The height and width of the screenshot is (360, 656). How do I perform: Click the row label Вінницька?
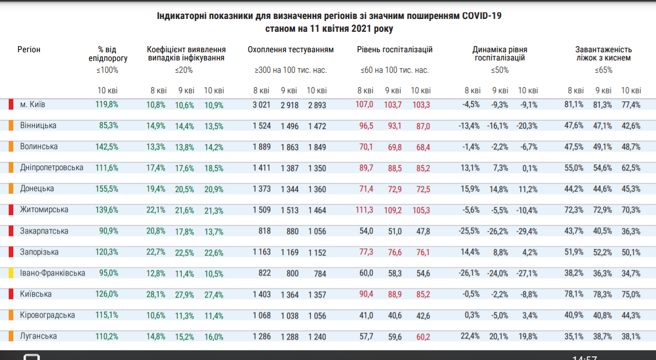click(x=38, y=125)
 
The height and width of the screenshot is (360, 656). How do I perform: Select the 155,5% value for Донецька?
click(x=107, y=189)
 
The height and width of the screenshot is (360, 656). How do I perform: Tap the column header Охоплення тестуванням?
click(x=290, y=50)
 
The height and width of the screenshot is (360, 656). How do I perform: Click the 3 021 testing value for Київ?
click(x=262, y=104)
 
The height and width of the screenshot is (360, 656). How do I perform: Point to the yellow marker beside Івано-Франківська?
click(x=11, y=273)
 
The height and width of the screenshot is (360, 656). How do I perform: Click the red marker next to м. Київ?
click(x=11, y=104)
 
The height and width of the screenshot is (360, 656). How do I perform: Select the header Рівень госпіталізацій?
click(x=394, y=50)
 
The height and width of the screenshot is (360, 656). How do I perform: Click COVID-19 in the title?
click(x=481, y=16)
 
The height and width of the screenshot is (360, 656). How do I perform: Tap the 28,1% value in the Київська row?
click(x=156, y=294)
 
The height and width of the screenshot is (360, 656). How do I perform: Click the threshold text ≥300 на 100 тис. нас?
click(x=290, y=70)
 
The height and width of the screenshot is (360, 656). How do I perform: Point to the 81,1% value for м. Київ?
click(x=574, y=104)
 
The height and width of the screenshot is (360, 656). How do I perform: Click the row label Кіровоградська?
click(x=47, y=315)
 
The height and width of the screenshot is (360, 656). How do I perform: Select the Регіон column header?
click(x=29, y=50)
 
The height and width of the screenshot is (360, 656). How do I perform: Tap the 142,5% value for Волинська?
click(x=107, y=147)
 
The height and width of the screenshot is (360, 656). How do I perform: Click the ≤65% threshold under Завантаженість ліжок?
click(x=603, y=70)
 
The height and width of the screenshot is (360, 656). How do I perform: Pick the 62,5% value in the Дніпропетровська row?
click(x=630, y=168)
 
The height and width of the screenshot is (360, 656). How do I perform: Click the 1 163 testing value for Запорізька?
click(x=262, y=252)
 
